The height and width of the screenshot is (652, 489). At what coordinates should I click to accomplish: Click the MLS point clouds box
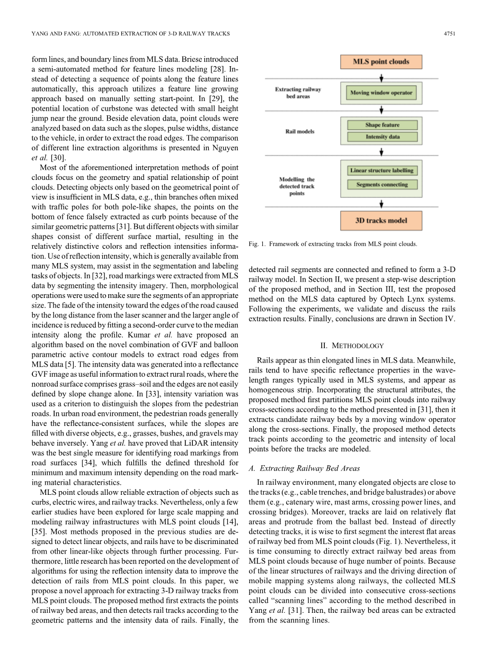click(x=381, y=61)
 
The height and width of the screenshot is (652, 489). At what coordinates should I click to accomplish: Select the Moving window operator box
click(x=381, y=93)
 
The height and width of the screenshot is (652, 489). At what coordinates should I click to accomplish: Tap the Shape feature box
click(x=382, y=125)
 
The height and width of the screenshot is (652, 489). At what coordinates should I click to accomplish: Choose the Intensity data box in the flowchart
click(x=382, y=137)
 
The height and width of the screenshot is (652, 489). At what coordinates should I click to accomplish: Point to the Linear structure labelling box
click(x=382, y=170)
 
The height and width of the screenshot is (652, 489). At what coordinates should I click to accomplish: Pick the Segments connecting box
click(x=382, y=185)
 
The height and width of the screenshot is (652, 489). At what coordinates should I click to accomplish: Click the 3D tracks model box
click(x=381, y=220)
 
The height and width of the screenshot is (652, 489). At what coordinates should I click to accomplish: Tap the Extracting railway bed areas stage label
click(x=298, y=93)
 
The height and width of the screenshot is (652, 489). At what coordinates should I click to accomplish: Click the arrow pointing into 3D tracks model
click(x=381, y=204)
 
